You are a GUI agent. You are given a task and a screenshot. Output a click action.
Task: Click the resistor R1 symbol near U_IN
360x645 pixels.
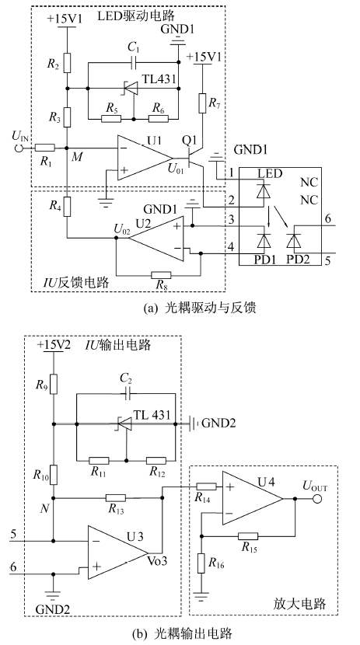click(45, 148)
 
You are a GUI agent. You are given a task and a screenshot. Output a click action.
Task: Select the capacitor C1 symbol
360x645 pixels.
click(133, 62)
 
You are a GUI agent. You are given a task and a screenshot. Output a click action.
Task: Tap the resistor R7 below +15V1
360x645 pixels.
click(202, 103)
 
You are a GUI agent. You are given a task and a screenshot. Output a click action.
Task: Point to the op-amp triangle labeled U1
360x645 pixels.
click(145, 158)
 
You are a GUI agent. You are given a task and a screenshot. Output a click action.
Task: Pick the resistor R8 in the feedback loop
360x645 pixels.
click(161, 275)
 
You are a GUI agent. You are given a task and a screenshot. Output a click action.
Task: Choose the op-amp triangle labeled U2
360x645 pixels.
click(159, 238)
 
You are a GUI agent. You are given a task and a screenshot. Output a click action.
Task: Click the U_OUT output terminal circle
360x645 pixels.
click(316, 499)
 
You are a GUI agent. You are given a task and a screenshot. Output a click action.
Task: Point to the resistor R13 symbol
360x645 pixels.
click(116, 497)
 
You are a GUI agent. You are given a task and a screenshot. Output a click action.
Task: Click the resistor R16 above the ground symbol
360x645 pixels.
click(201, 563)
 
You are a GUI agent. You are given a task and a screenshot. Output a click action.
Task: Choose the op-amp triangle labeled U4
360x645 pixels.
click(252, 498)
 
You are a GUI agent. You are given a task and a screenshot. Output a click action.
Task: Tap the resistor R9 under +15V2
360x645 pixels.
click(54, 384)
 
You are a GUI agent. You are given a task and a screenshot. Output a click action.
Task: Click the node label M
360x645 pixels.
click(75, 157)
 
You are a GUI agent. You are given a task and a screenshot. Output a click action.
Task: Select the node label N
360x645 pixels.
click(44, 508)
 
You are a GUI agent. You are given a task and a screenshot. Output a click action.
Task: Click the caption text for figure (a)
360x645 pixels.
click(200, 308)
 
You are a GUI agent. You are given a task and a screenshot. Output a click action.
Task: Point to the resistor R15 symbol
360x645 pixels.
click(249, 536)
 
